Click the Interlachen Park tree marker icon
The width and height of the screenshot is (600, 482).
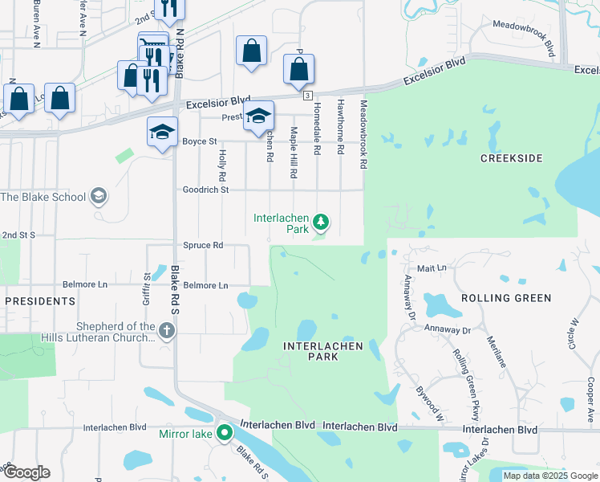[x=321, y=221]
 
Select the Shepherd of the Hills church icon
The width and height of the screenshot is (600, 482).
[x=166, y=330]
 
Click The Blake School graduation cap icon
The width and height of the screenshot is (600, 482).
[x=99, y=196]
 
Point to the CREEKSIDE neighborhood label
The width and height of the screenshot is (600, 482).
[x=511, y=158]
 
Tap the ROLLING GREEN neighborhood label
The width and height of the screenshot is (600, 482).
[x=506, y=298]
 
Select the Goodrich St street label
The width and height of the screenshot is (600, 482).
[x=206, y=190]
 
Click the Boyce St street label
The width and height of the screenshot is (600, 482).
[x=200, y=141]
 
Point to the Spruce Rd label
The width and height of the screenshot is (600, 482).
[x=203, y=245]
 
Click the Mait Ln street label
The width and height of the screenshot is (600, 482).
[x=432, y=267]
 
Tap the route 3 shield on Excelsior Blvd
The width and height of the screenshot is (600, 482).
[x=307, y=96]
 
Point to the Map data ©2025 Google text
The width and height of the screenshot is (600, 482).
[x=549, y=476]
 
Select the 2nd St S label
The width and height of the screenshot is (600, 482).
[x=18, y=235]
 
